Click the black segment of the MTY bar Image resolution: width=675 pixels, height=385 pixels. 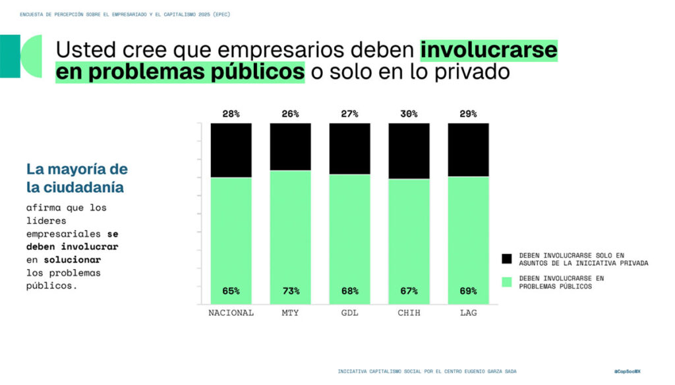coord(290,146)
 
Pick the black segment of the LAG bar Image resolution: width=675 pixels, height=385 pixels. coord(468,149)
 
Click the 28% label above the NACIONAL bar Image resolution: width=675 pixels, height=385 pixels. coord(231,114)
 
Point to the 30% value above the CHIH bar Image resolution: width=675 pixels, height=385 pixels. coord(409,114)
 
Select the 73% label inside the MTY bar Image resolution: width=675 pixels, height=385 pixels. coord(290,291)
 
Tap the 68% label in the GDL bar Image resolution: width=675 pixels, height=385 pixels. coord(349,291)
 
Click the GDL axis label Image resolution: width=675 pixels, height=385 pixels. coord(349,312)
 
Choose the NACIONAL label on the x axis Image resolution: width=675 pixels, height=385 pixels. coord(231,312)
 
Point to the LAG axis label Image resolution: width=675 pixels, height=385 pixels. coord(468,312)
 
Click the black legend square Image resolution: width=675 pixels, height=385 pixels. coord(506,258)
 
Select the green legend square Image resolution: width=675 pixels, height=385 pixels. coord(506,282)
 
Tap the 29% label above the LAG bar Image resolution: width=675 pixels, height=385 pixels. coord(468,114)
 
